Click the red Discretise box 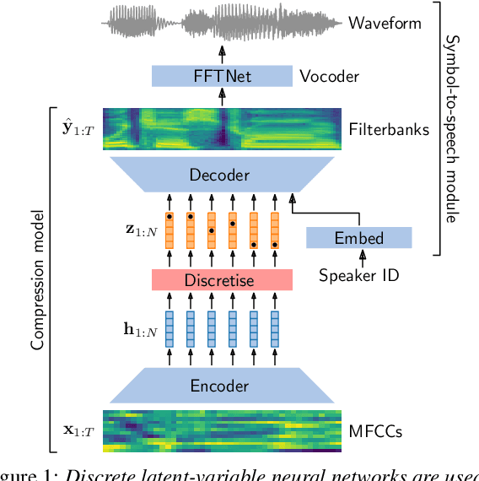pos(222,280)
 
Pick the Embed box pos(358,238)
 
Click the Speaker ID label pos(359,274)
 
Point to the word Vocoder pos(329,77)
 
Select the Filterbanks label pos(388,129)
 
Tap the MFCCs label pos(375,432)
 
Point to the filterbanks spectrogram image pos(222,129)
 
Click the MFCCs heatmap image pos(222,430)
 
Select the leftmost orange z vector pos(169,231)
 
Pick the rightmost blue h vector pos(275,329)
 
